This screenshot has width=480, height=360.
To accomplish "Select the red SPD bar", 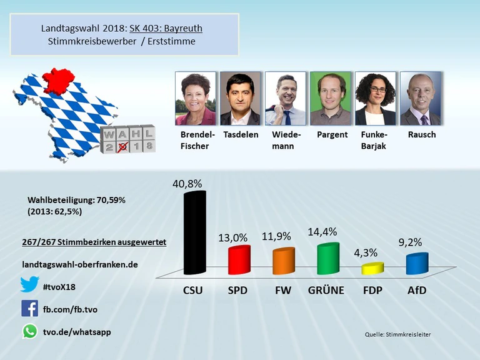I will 239,260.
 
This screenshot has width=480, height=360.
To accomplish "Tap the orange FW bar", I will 284,261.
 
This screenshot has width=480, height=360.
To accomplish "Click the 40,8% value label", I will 187,184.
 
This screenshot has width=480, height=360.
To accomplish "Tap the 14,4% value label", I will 322,232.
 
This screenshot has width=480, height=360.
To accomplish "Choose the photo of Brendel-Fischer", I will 196,99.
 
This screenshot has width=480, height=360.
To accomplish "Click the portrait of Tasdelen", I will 240,99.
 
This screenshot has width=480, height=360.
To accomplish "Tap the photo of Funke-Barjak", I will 375,99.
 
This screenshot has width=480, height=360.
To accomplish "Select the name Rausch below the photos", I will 421,134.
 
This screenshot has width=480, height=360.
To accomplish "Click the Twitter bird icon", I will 29,284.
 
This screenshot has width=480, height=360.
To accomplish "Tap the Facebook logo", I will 29,308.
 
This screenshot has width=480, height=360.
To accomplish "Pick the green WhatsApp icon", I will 29,331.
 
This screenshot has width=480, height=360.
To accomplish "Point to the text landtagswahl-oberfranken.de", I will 79,264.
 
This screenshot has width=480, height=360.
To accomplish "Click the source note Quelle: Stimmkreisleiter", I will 397,335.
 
